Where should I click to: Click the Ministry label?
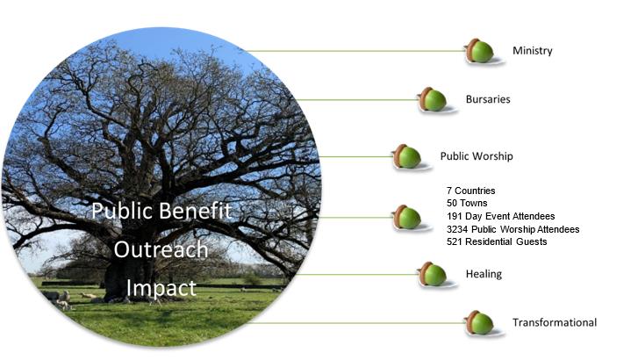(532, 51)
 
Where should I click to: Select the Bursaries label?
(488, 99)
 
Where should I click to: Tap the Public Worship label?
(477, 156)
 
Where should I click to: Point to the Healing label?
(484, 274)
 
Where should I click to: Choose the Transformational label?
(555, 322)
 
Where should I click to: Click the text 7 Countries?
(470, 191)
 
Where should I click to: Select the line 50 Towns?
(467, 203)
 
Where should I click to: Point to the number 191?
(455, 216)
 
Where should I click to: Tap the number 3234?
(457, 229)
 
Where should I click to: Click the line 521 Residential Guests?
(497, 241)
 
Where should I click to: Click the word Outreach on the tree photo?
(161, 249)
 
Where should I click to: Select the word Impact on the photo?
(161, 288)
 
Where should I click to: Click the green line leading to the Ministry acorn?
(355, 51)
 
